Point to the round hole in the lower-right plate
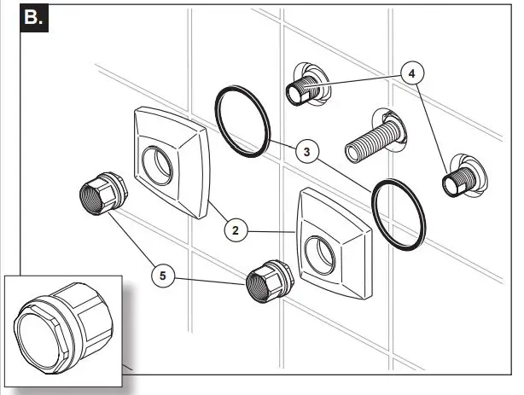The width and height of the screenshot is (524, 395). point(323,249)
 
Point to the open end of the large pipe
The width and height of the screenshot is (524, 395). point(352,153)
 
